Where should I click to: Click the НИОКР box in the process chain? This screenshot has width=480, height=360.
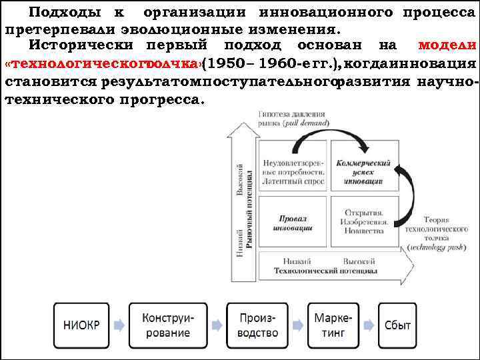click(x=81, y=325)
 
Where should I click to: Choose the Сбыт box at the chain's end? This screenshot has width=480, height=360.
click(x=397, y=325)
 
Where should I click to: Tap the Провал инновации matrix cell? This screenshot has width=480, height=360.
click(x=293, y=223)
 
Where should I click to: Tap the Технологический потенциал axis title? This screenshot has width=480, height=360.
click(x=325, y=272)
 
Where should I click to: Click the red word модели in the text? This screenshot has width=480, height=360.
click(x=446, y=46)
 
